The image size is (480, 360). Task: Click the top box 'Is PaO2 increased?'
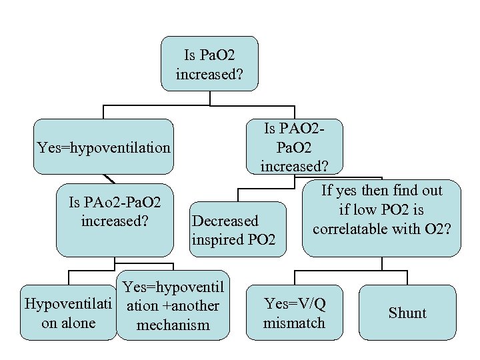(x=209, y=63)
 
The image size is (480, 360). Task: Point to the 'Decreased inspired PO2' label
(x=233, y=229)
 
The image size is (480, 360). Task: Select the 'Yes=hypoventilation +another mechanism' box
(x=172, y=305)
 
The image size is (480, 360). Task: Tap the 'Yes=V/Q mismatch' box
(x=294, y=313)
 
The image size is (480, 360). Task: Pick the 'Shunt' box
(x=407, y=313)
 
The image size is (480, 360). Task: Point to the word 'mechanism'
(x=172, y=325)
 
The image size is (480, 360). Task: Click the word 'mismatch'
(x=294, y=323)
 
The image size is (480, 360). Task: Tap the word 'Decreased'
(x=225, y=221)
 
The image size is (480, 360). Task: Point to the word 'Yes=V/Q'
(x=295, y=304)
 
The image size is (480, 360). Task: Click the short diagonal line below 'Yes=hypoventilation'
(x=110, y=178)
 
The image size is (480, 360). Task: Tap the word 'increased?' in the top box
(x=209, y=73)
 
